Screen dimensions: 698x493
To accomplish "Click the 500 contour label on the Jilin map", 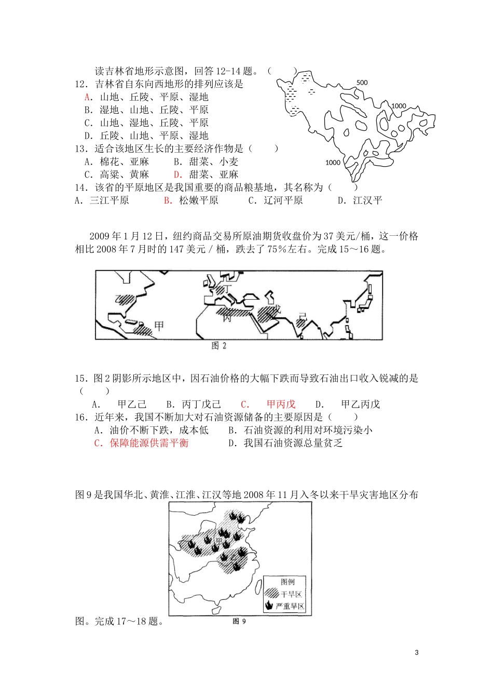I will coord(362,83).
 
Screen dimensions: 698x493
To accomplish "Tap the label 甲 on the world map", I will coord(159,326).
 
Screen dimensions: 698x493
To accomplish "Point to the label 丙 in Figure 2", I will coord(227,318).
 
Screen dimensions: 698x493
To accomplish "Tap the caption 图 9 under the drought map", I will coord(239,621).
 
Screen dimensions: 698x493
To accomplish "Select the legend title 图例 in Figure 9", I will coord(287,582).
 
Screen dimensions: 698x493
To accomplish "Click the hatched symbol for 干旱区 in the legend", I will coord(271,594).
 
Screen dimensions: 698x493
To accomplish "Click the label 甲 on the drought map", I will coord(218,542).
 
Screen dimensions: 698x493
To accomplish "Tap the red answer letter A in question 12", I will coord(87,97).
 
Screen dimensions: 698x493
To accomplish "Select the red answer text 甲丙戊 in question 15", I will coord(281,404).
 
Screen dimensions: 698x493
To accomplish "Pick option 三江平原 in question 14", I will coord(109,200).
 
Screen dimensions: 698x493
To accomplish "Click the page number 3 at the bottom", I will coord(417,653).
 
